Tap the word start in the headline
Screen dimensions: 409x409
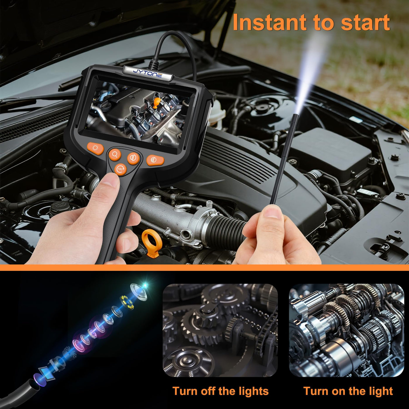[365, 23]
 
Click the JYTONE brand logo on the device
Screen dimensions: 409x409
[148, 73]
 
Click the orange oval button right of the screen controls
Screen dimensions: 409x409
[155, 160]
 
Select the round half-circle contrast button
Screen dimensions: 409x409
[133, 158]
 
